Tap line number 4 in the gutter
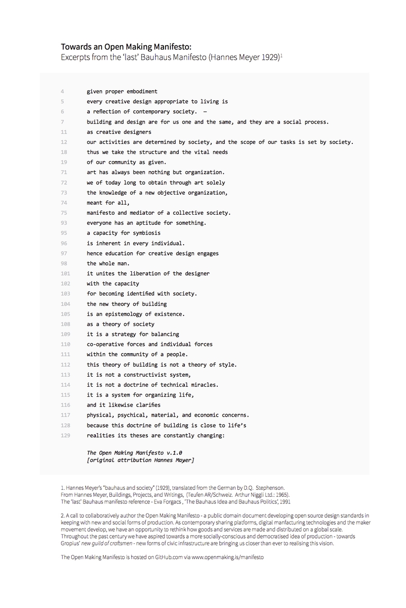pyautogui.click(x=62, y=91)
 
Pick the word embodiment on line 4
pyautogui.click(x=140, y=91)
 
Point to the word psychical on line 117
pyautogui.click(x=131, y=415)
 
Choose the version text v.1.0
pyautogui.click(x=171, y=453)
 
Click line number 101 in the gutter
pyautogui.click(x=65, y=274)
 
